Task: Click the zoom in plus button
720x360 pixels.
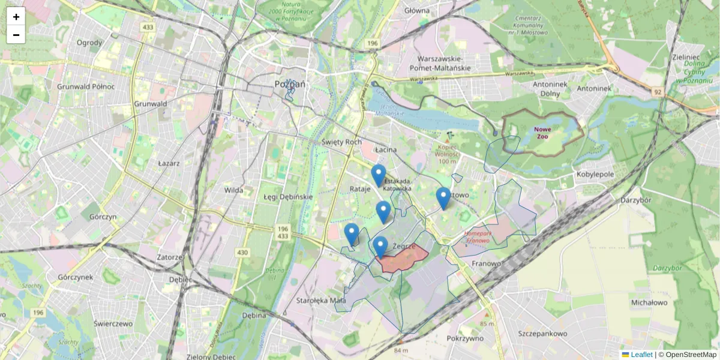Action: click(x=16, y=17)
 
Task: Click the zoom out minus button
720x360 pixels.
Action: click(x=16, y=35)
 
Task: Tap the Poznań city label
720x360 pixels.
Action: click(x=290, y=84)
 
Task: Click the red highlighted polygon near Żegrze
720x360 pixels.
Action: click(x=402, y=260)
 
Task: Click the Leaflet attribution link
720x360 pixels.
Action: click(x=641, y=355)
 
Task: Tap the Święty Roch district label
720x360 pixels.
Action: click(x=342, y=142)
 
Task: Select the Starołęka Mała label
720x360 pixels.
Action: click(x=322, y=301)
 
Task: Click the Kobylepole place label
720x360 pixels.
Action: click(x=595, y=174)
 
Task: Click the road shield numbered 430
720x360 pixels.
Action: click(x=242, y=253)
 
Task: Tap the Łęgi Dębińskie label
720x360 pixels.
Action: click(x=289, y=197)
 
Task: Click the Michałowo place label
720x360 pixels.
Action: click(x=650, y=302)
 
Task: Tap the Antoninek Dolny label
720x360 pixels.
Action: click(x=550, y=89)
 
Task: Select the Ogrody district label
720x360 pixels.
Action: click(x=90, y=43)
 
